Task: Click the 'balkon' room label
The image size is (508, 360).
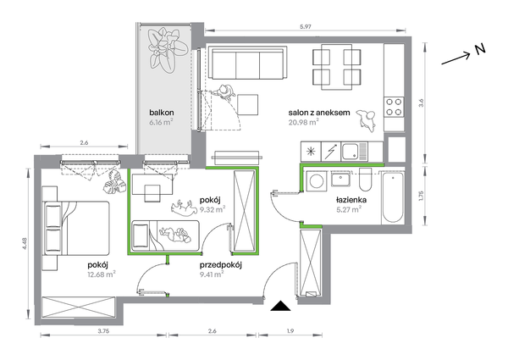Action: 162,113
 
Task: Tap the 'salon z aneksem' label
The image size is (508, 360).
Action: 319,113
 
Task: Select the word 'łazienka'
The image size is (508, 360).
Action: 351,200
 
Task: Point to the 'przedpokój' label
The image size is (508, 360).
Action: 221,265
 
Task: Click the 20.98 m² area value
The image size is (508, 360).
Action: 304,122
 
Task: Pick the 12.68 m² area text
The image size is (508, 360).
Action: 102,274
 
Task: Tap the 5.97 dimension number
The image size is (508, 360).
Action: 306,27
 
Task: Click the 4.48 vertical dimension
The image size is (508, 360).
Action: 25,244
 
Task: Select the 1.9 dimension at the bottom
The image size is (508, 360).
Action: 290,331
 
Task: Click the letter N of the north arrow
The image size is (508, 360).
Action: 480,49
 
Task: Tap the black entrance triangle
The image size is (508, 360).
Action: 280,306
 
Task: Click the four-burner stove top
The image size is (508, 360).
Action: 394,107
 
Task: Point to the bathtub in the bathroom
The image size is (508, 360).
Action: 393,197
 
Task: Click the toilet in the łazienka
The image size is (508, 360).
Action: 367,180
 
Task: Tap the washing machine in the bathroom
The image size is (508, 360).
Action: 315,180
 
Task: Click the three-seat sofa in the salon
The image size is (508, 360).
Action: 248,63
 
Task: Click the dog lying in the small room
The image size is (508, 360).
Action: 184,208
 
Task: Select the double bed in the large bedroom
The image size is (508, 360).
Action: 76,228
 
